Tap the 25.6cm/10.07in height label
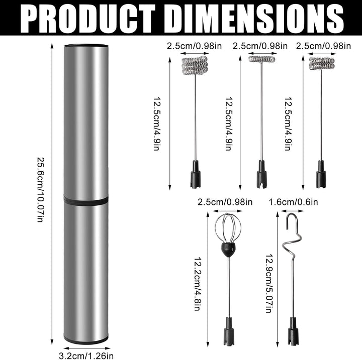[x=40, y=190]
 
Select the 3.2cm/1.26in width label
[x=86, y=355]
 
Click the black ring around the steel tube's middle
[x=86, y=200]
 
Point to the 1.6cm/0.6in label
[x=293, y=202]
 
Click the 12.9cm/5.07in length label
[x=269, y=283]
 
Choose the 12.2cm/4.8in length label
[x=198, y=284]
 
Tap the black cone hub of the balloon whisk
[x=228, y=249]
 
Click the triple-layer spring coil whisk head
[x=195, y=65]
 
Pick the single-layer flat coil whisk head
[x=262, y=59]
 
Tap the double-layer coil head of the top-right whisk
[x=322, y=63]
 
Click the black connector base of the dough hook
[x=293, y=331]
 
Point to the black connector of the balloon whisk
[x=229, y=331]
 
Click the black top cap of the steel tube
[x=86, y=45]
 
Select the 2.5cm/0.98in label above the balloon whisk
[x=225, y=202]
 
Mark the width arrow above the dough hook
[x=292, y=211]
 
